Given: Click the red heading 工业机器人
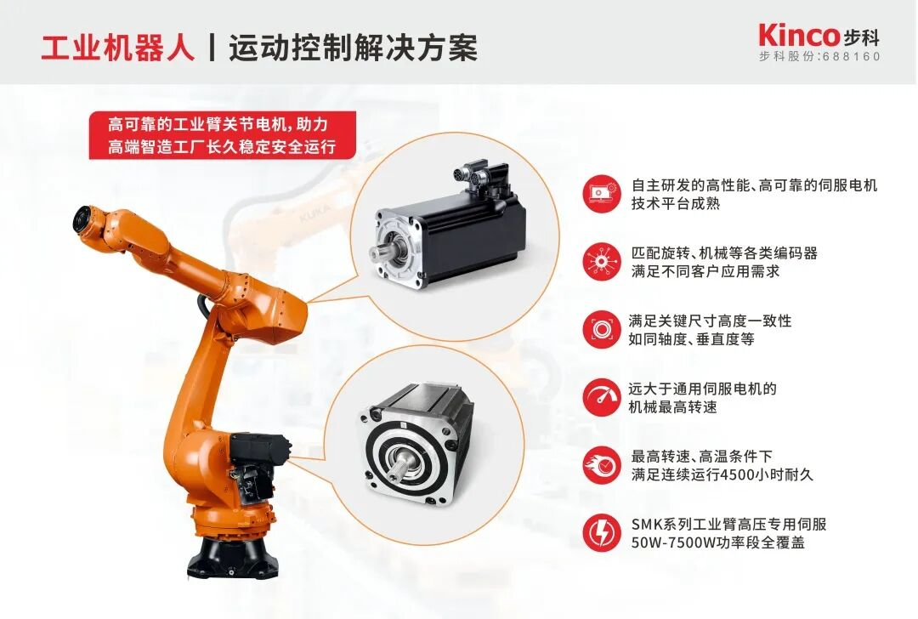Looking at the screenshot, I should point(118,48).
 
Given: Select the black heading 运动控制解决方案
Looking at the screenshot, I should point(353,48).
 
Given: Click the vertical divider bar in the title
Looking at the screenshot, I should point(212,48).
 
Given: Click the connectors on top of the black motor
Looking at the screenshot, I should point(476,174).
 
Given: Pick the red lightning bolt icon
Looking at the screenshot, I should point(601,532).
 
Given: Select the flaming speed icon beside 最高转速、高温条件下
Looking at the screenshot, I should point(601,465).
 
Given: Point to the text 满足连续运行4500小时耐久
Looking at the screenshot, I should point(722,474).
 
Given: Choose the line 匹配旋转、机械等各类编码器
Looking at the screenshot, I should point(724,253).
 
